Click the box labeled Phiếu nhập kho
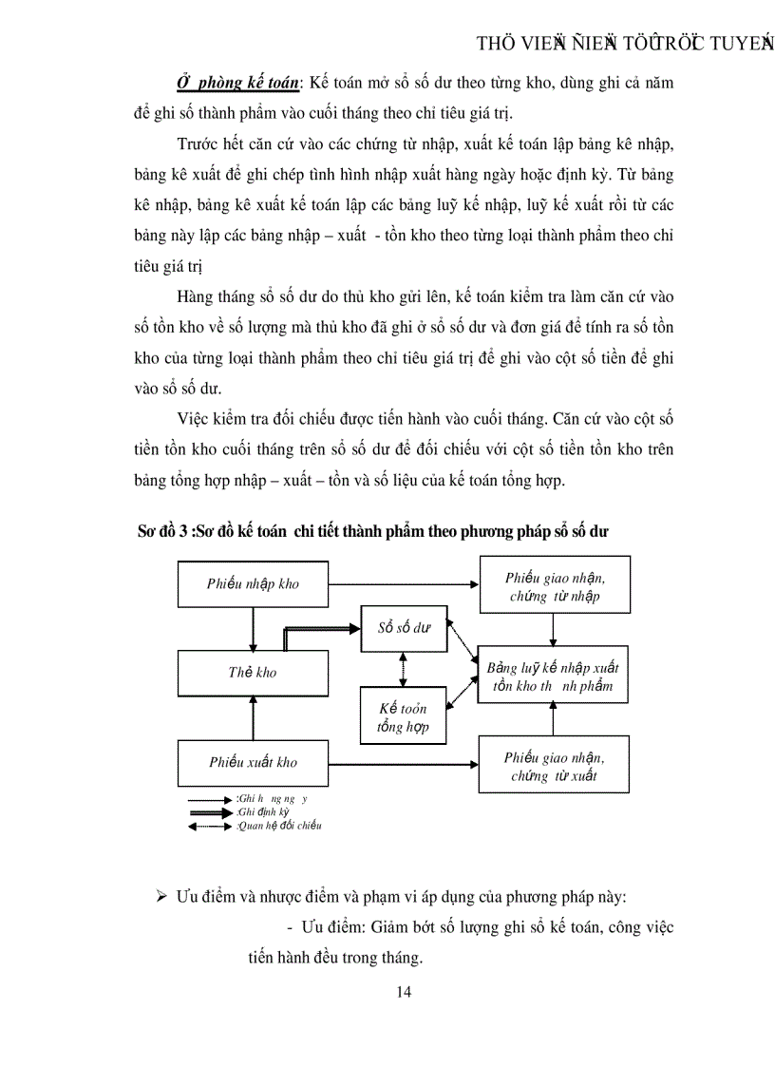pos(253,583)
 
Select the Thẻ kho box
pos(253,672)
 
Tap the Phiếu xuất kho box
pos(253,761)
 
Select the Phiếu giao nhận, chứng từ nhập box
pos(555,586)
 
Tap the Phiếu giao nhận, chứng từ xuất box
pos(555,764)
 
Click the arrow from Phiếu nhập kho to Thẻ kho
pos(253,627)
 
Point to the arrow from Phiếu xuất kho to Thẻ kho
pos(253,716)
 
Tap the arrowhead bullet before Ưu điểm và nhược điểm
pos(161,898)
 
